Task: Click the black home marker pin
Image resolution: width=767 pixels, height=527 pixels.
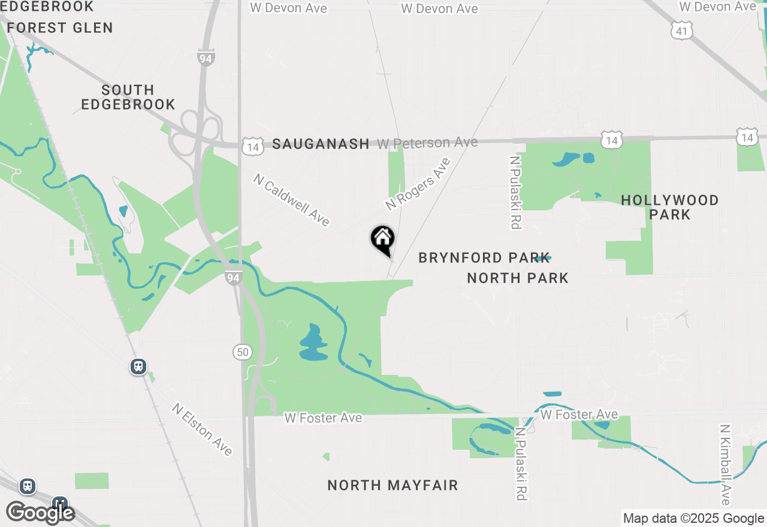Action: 383,239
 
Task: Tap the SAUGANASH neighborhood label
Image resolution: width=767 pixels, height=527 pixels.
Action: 321,144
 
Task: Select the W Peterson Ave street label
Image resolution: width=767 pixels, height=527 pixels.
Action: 427,143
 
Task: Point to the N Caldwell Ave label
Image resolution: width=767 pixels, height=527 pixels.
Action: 291,200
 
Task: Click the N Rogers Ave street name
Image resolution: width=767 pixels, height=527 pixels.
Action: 418,184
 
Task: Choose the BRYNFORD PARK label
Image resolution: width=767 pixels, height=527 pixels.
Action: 484,258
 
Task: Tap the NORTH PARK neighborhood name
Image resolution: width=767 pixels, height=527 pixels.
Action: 518,278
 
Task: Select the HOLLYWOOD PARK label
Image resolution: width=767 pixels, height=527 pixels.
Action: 669,207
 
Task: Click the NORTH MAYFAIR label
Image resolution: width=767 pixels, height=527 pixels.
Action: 392,485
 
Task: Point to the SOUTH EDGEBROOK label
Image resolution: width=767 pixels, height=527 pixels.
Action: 128,97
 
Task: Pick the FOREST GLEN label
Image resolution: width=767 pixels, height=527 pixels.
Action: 60,28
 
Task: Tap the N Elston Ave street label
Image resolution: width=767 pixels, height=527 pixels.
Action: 202,429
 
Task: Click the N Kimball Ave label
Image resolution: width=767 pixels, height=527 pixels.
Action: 725,465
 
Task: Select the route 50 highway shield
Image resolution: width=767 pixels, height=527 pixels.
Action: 242,352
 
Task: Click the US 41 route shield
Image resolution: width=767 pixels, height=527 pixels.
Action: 682,31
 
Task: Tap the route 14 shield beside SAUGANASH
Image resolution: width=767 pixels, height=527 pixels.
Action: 252,146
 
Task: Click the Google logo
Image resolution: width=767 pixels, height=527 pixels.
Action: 40,513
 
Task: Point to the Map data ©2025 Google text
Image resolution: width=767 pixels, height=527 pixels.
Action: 693,519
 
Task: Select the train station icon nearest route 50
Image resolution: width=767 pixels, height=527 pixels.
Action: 138,366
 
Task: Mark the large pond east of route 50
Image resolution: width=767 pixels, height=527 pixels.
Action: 313,346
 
